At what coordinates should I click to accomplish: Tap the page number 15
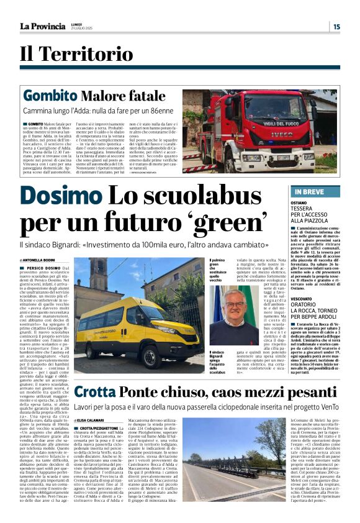tap(336, 26)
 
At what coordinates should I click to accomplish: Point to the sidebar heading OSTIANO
tap(300, 202)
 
